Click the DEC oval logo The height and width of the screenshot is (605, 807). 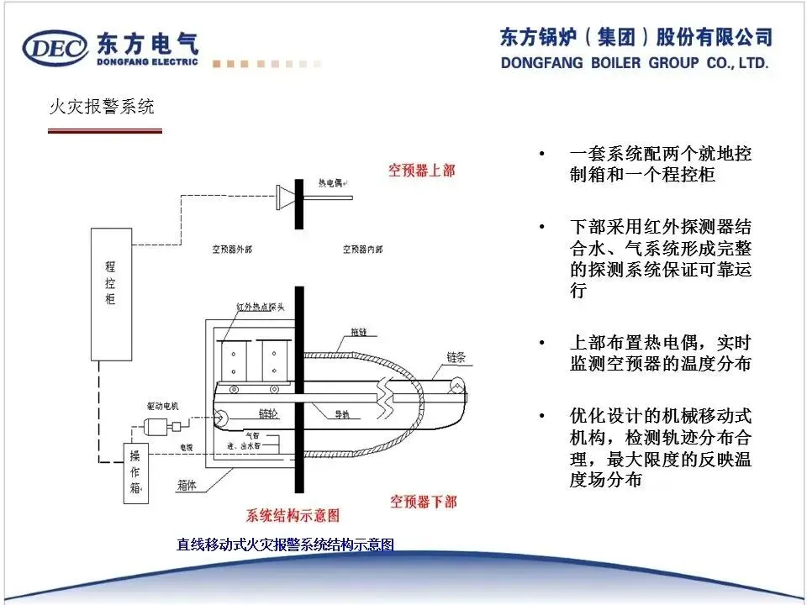click(x=55, y=49)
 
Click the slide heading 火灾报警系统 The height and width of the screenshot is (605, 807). click(x=101, y=108)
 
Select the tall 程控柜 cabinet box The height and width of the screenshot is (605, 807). click(x=111, y=293)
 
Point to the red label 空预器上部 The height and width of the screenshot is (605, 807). click(x=422, y=171)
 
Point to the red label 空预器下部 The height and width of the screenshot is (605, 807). click(x=424, y=502)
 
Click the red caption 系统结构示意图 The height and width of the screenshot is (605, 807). click(x=293, y=514)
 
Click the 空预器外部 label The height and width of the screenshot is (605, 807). click(x=232, y=250)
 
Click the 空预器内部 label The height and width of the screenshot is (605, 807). click(x=363, y=250)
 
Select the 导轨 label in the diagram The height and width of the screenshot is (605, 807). click(x=342, y=414)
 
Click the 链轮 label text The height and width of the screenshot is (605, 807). click(x=268, y=414)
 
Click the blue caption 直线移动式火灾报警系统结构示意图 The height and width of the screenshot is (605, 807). click(x=285, y=544)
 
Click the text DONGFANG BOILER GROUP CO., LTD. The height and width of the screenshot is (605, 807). click(x=635, y=64)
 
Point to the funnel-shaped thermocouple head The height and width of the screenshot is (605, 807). click(x=285, y=197)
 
